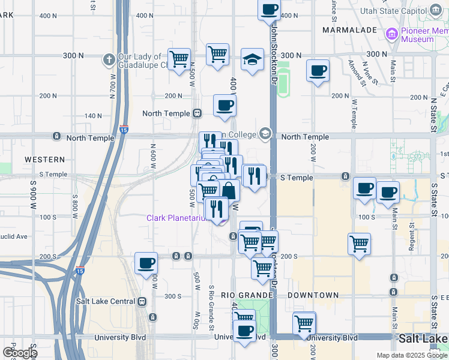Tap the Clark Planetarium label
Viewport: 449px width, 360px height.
tap(177, 218)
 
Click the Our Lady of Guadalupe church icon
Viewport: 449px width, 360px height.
tap(109, 59)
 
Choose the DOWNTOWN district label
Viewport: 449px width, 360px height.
tap(313, 295)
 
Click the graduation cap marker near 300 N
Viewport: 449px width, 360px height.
tap(253, 59)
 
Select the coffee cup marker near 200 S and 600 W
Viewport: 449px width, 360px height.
tap(146, 263)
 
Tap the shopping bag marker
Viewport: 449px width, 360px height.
tap(229, 190)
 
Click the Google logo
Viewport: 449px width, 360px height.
tap(19, 353)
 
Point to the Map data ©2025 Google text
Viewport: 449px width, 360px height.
tap(411, 355)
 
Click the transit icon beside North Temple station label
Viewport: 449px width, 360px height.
tap(196, 113)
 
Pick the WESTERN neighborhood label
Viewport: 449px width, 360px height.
tap(44, 160)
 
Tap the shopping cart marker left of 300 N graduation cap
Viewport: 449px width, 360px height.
tap(217, 54)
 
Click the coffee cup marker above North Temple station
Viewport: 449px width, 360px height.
tap(225, 106)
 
